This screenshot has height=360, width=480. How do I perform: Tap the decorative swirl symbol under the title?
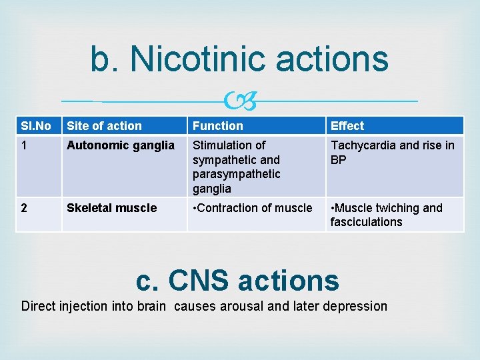point(240,101)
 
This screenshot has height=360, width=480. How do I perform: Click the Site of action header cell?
point(104,125)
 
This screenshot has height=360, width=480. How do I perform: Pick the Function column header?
point(218,125)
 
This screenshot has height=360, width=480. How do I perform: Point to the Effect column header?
point(347,125)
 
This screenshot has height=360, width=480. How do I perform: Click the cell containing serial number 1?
point(24,145)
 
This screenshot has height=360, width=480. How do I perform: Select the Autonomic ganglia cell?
point(121,145)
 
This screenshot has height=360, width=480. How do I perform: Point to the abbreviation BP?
point(339,160)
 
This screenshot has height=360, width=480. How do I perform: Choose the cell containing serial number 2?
point(24,208)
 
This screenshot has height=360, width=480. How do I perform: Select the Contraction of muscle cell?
point(252,208)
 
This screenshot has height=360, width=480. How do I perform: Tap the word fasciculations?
point(366,222)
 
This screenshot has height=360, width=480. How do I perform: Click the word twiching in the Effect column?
point(397,208)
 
